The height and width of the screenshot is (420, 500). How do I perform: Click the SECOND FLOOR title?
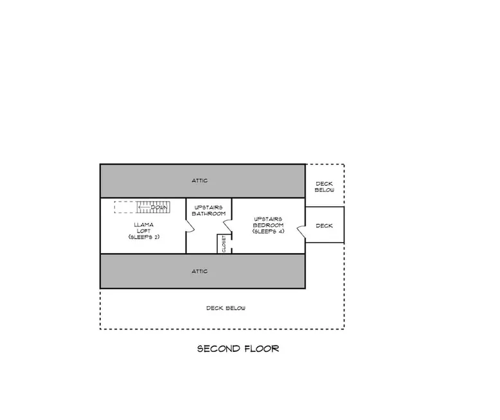[x=238, y=349]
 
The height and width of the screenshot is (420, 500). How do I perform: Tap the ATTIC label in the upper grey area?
[x=200, y=180]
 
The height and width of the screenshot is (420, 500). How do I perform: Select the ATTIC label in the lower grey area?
[x=200, y=271]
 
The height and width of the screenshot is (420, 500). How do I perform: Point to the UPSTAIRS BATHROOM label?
[x=208, y=211]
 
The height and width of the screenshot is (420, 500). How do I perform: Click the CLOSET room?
[x=224, y=244]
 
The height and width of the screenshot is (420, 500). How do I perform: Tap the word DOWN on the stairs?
[x=159, y=207]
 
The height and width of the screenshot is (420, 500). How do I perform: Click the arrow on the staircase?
[x=145, y=207]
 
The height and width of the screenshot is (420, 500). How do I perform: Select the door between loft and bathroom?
[x=190, y=226]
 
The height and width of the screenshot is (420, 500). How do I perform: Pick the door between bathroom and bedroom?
[x=228, y=226]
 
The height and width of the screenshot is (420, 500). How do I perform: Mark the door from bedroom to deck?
[x=301, y=231]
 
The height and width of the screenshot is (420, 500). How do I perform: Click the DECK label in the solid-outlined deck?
[x=325, y=226]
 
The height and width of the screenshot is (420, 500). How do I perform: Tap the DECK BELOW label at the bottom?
[x=226, y=308]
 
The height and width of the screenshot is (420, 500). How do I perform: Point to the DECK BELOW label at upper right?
[x=325, y=187]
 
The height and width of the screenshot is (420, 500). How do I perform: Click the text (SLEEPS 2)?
[x=144, y=237]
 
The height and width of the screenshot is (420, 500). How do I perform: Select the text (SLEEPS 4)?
[x=268, y=231]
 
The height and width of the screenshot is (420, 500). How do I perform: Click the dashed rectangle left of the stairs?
[x=125, y=207]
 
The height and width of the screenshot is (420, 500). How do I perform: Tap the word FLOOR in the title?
[x=262, y=349]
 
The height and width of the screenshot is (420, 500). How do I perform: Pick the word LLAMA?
[x=144, y=225]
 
